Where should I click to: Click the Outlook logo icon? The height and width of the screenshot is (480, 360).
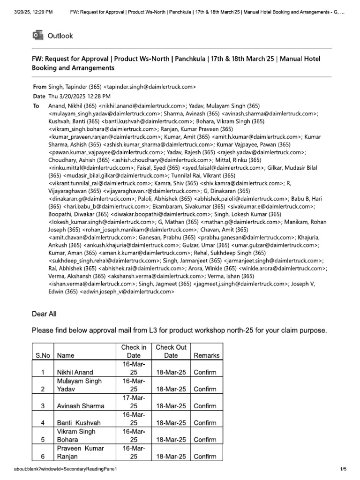[37, 36]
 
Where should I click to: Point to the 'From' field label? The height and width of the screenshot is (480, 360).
[39, 87]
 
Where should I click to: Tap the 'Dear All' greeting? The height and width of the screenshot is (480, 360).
[44, 315]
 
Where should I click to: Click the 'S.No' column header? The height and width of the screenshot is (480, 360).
[43, 355]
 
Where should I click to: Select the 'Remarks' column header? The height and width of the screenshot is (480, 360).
[206, 355]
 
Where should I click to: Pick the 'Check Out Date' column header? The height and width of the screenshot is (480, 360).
[171, 352]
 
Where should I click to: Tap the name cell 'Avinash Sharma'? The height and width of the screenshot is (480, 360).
[81, 406]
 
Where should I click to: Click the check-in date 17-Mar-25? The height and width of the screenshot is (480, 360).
[134, 402]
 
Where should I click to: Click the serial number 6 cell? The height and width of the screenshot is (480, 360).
[43, 456]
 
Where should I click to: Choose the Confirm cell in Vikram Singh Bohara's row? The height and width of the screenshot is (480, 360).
[205, 440]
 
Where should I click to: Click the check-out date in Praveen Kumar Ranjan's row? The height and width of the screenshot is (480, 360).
[171, 456]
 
